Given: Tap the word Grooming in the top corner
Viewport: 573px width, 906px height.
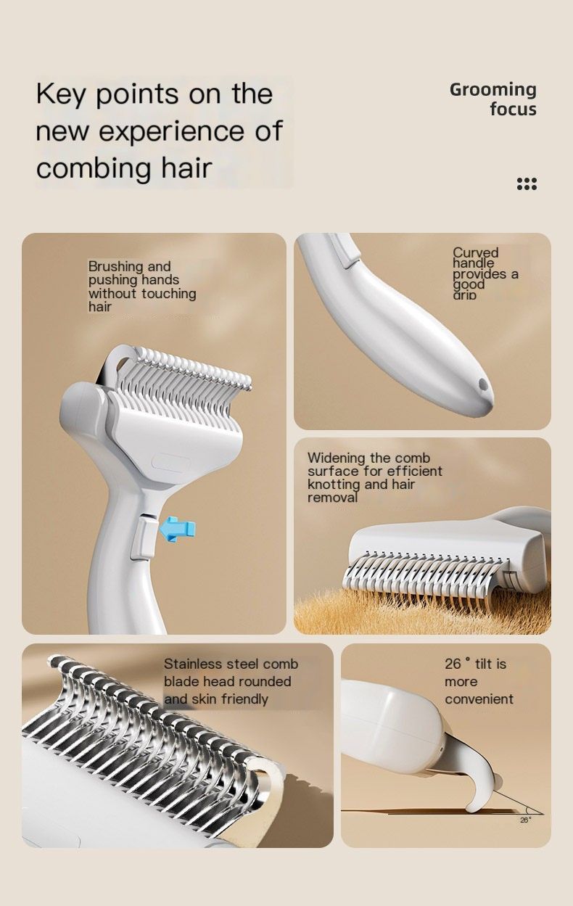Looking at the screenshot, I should point(492,90).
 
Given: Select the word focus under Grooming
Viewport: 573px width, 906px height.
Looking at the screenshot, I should point(513,110).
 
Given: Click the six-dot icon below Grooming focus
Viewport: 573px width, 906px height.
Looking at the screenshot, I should point(527,184).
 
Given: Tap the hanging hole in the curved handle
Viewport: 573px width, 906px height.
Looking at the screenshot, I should point(480,383).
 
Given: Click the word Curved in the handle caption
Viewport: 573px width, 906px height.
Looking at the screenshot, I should point(476,252).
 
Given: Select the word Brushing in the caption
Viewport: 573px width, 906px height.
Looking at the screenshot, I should point(116,266).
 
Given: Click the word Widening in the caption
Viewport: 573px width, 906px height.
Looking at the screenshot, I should point(337,458).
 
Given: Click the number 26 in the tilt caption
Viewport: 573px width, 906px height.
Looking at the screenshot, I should point(453,664).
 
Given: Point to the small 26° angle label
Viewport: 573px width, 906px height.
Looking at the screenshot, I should point(525,820).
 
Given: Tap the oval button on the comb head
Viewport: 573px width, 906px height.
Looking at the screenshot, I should point(172,464).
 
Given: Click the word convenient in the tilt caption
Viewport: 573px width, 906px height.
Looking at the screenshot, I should point(479,699).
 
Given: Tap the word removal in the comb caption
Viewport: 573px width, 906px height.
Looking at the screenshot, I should point(332,498).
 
